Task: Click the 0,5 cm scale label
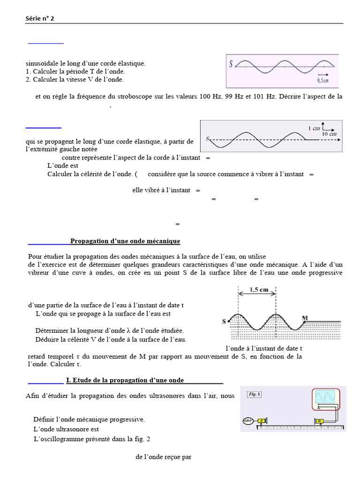(323, 81)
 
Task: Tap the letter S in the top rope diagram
(231, 64)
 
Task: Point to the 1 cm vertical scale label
(314, 128)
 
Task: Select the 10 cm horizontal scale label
(330, 134)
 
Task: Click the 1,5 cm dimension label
(257, 290)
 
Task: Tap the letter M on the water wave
(305, 318)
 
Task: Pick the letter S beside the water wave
(224, 322)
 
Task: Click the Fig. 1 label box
(254, 394)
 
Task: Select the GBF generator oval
(247, 420)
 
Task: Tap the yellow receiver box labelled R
(320, 421)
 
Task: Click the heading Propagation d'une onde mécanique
(125, 241)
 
